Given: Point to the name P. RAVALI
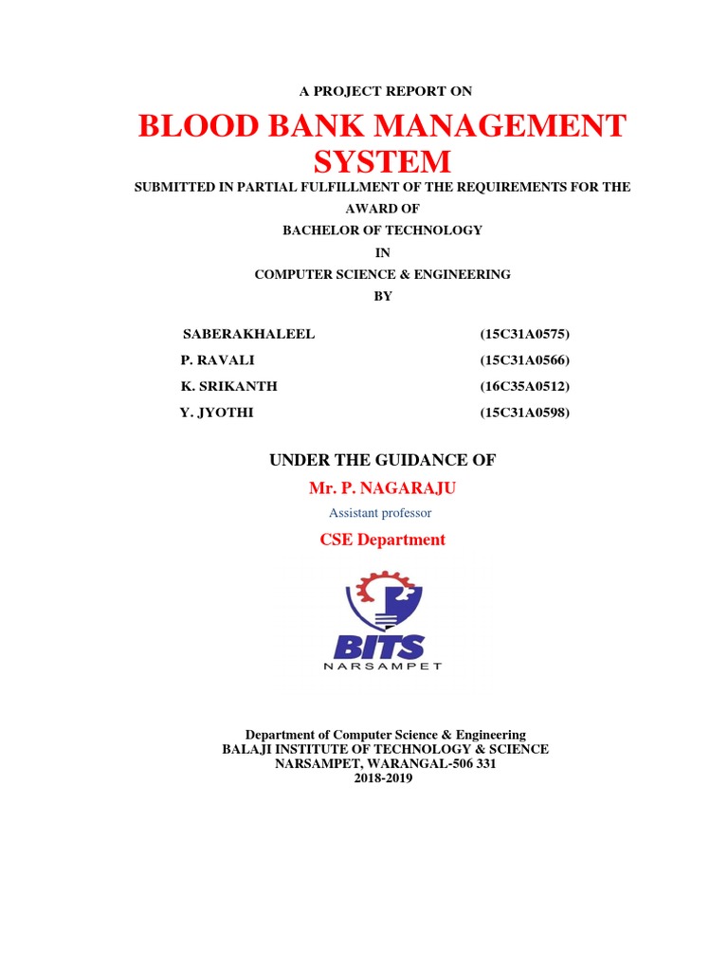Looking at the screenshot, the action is [x=217, y=360].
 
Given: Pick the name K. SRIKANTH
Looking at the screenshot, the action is [x=229, y=386].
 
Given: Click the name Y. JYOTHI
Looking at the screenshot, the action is [x=217, y=412].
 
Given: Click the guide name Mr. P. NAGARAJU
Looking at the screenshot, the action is [x=375, y=487].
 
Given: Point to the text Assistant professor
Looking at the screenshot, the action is [x=380, y=513].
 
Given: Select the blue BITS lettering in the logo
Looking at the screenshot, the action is [x=379, y=648].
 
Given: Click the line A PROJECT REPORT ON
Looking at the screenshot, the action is [x=384, y=91].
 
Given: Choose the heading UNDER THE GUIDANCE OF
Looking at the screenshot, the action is [x=383, y=461].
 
